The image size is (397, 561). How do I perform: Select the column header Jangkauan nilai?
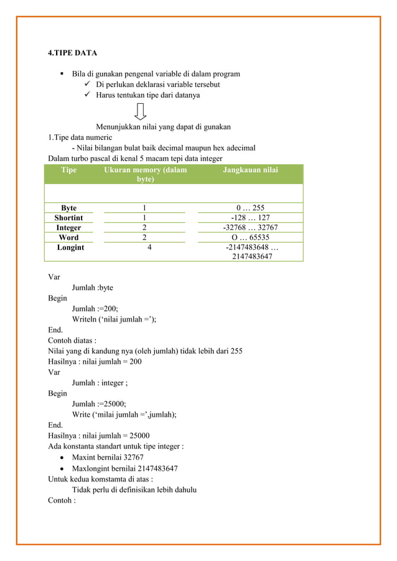[250, 170]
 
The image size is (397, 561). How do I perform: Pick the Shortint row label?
[68, 218]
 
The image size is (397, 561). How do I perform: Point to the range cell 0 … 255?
[250, 208]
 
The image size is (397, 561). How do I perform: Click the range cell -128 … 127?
[250, 218]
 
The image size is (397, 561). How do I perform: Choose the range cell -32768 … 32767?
[250, 228]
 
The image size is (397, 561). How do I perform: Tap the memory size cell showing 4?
[149, 248]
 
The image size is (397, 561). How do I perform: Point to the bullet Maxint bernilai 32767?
[111, 457]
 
